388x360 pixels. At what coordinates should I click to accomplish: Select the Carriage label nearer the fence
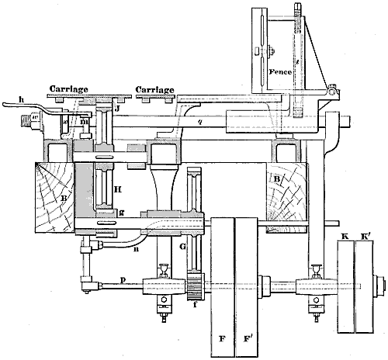(x=154, y=88)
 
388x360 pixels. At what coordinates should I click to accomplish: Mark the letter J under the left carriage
(x=116, y=110)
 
